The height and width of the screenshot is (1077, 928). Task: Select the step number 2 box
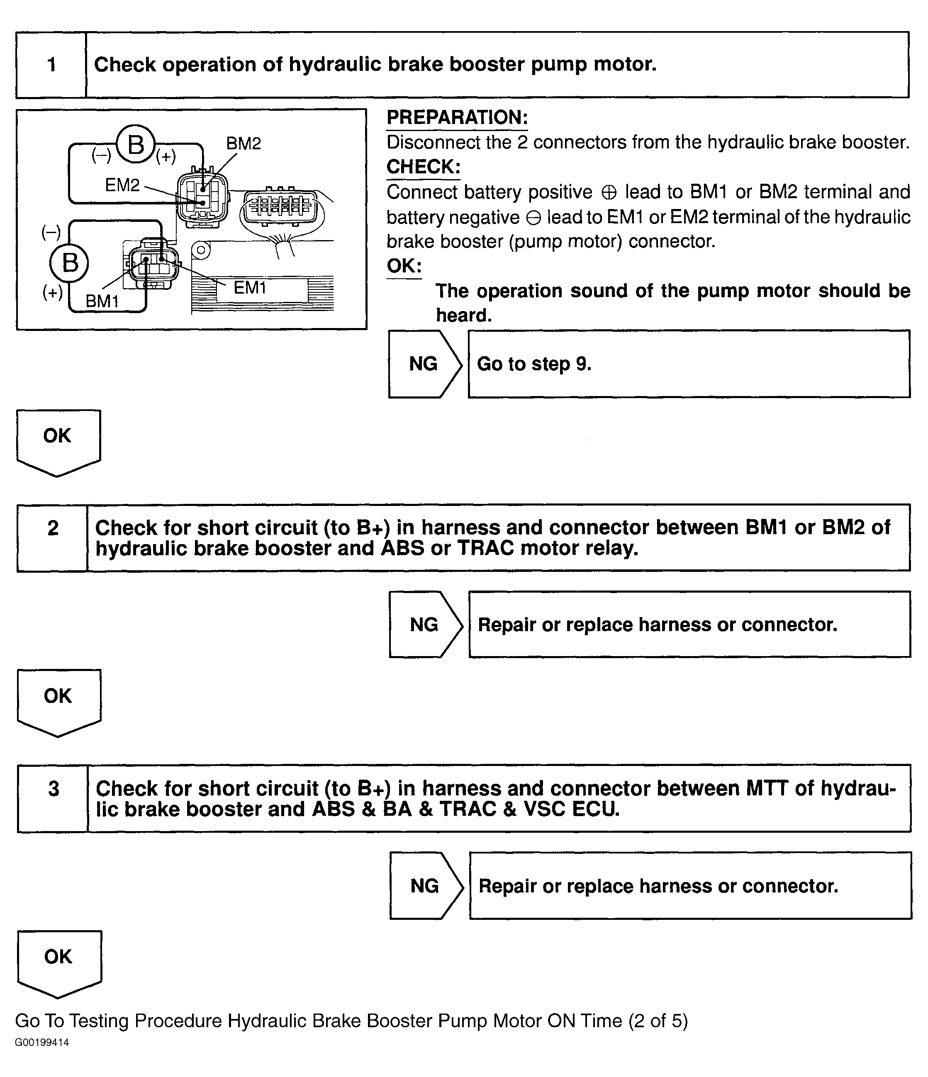pos(53,537)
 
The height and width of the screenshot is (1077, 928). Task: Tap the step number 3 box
pos(53,798)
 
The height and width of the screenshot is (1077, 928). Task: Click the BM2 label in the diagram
pos(244,143)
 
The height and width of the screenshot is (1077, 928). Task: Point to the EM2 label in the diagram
pos(122,185)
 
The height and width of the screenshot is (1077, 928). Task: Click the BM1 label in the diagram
pos(102,301)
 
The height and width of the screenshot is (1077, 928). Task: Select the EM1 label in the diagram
pos(250,287)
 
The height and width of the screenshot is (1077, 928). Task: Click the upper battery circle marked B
pos(136,144)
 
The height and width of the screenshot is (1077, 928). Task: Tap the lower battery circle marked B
pos(69,263)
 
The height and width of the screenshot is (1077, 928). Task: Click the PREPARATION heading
pos(457,117)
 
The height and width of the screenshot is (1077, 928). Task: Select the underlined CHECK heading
pos(423,167)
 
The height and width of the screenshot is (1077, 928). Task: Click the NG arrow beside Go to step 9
pos(424,364)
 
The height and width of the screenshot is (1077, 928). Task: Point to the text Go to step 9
pos(534,364)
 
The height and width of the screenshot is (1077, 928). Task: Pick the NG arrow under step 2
pos(424,624)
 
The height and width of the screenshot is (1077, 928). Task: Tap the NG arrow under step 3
pos(425,885)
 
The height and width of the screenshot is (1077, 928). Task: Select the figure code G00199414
pos(42,1042)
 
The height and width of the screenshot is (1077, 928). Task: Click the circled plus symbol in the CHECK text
pos(608,193)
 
